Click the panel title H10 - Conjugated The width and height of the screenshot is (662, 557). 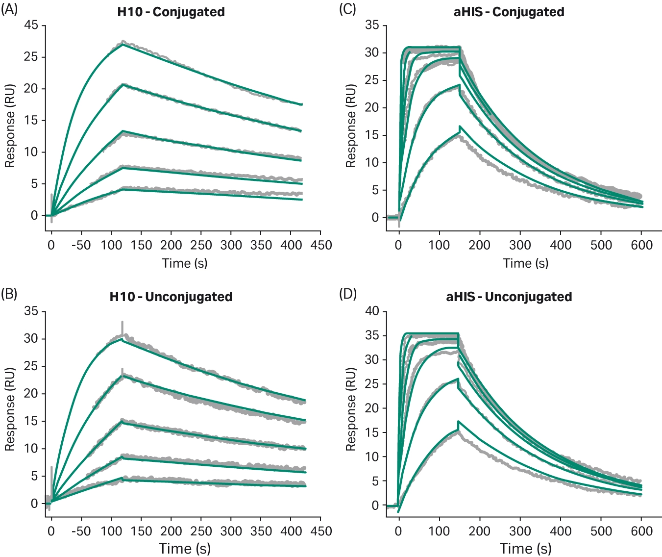(x=171, y=12)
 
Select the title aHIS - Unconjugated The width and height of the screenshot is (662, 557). (x=509, y=297)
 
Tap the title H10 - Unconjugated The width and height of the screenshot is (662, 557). (x=171, y=297)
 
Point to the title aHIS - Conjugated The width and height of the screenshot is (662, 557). (x=509, y=12)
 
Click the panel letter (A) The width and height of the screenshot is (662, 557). (x=9, y=9)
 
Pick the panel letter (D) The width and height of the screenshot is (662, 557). (x=348, y=294)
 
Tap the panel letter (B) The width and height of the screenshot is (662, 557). (x=9, y=294)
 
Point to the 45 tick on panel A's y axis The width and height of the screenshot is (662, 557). (x=31, y=25)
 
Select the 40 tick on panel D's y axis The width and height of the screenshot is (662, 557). (x=372, y=311)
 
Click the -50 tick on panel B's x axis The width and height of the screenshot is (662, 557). (x=81, y=531)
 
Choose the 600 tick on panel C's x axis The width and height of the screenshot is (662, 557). (x=641, y=245)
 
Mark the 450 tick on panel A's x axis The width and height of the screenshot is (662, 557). (x=321, y=245)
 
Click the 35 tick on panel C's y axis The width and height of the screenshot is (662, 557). (x=372, y=25)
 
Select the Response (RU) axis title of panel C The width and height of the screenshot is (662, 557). (x=350, y=126)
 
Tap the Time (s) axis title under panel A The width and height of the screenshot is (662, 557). (x=185, y=263)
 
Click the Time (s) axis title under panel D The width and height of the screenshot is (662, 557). (x=525, y=548)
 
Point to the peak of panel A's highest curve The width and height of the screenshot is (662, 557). (x=123, y=43)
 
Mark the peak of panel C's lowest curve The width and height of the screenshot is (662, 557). (x=460, y=127)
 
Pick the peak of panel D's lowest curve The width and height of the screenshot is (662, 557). (x=459, y=422)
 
